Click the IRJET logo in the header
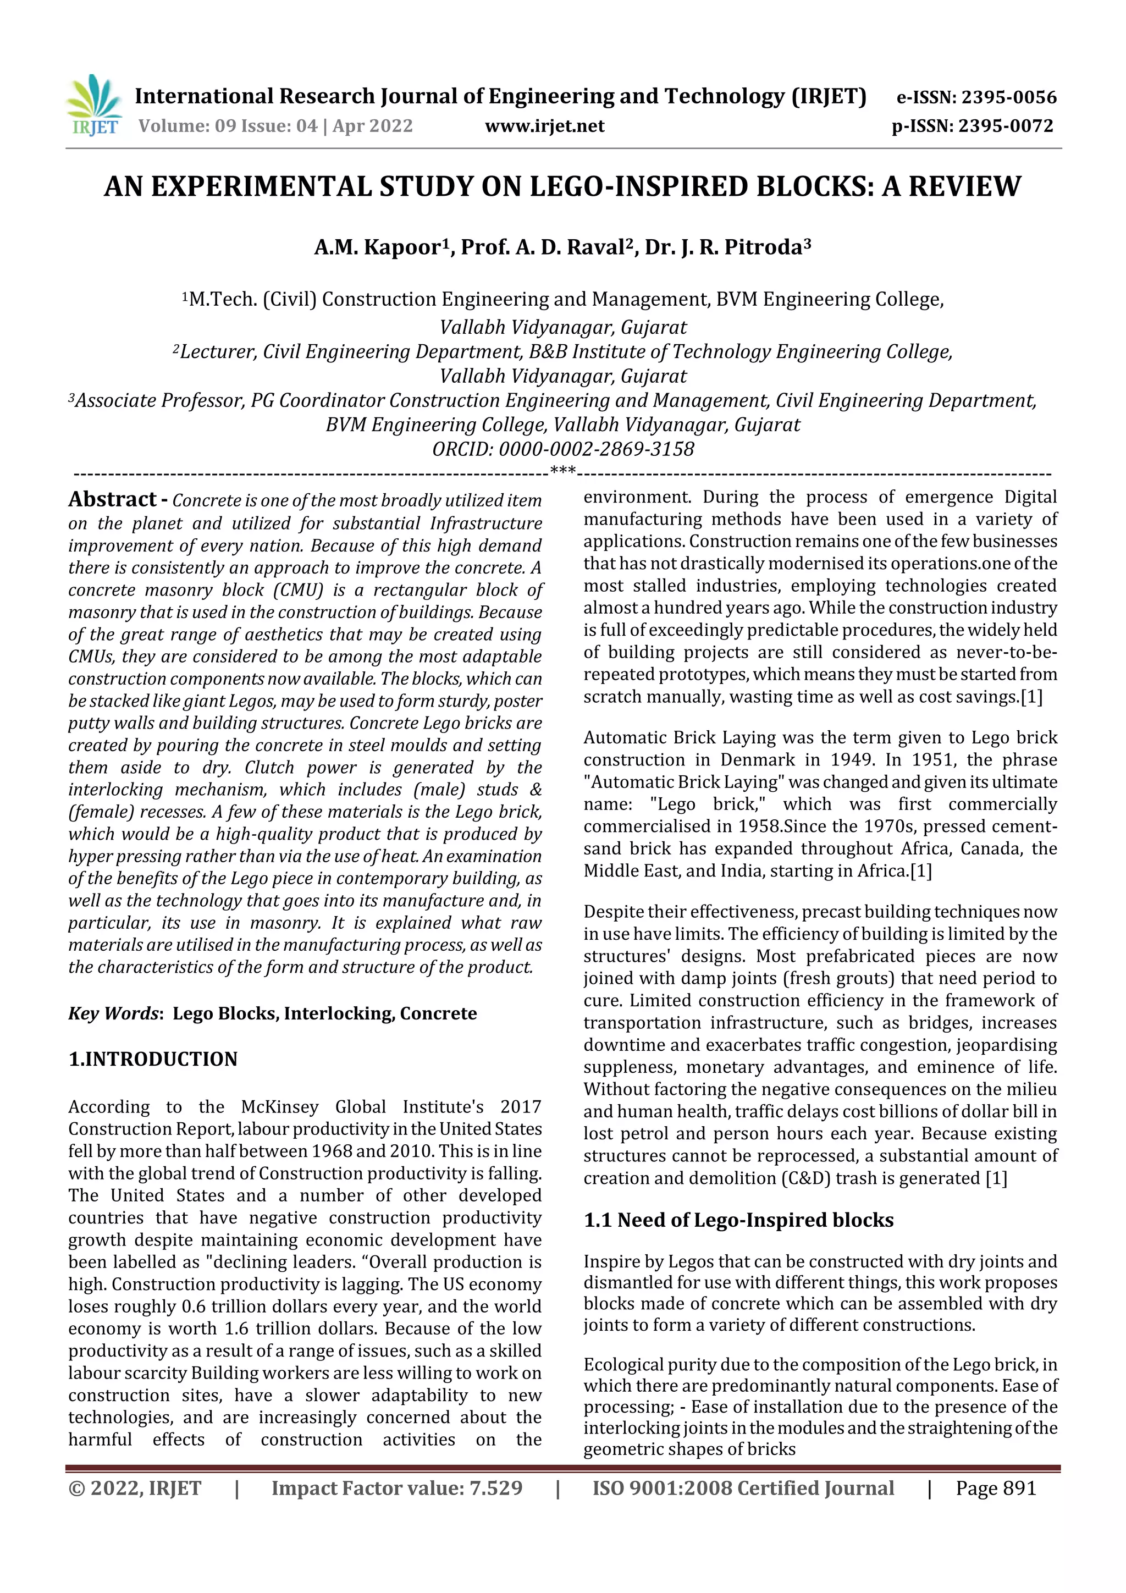(93, 106)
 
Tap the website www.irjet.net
(545, 126)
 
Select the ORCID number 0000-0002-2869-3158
(596, 450)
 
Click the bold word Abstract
(112, 499)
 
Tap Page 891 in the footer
(995, 1488)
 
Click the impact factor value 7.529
(495, 1488)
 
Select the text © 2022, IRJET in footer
(135, 1488)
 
